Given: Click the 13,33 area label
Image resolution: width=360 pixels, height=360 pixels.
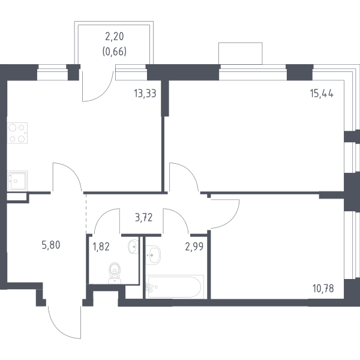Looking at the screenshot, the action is pyautogui.click(x=145, y=94).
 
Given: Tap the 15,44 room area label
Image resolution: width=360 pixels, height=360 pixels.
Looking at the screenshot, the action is pyautogui.click(x=322, y=94).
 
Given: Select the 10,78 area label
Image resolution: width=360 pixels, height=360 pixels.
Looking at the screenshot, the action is pyautogui.click(x=323, y=289).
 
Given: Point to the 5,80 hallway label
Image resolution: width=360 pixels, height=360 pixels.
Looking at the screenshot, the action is pyautogui.click(x=51, y=245).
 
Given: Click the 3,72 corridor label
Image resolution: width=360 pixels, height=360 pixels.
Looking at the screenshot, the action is pyautogui.click(x=144, y=217).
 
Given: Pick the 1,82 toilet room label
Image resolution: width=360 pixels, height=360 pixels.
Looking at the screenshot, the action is pyautogui.click(x=101, y=247).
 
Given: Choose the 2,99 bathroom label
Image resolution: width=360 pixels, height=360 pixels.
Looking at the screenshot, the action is pyautogui.click(x=194, y=247).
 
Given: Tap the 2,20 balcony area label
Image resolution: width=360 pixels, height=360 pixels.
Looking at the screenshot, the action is pyautogui.click(x=115, y=36).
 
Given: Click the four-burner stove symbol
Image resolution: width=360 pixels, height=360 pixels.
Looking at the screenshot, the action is pyautogui.click(x=17, y=133).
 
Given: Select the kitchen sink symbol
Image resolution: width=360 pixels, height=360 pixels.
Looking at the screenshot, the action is pyautogui.click(x=17, y=181).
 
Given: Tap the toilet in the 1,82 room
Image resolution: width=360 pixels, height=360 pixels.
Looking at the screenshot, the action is pyautogui.click(x=115, y=273).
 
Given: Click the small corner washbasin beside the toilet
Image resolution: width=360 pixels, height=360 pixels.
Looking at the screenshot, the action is pyautogui.click(x=133, y=247).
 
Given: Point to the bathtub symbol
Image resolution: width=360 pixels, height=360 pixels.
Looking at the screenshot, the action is pyautogui.click(x=175, y=287).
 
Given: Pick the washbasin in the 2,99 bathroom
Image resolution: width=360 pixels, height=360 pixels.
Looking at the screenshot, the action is pyautogui.click(x=153, y=255).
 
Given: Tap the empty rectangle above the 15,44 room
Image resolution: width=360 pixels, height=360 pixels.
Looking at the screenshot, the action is pyautogui.click(x=241, y=53).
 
